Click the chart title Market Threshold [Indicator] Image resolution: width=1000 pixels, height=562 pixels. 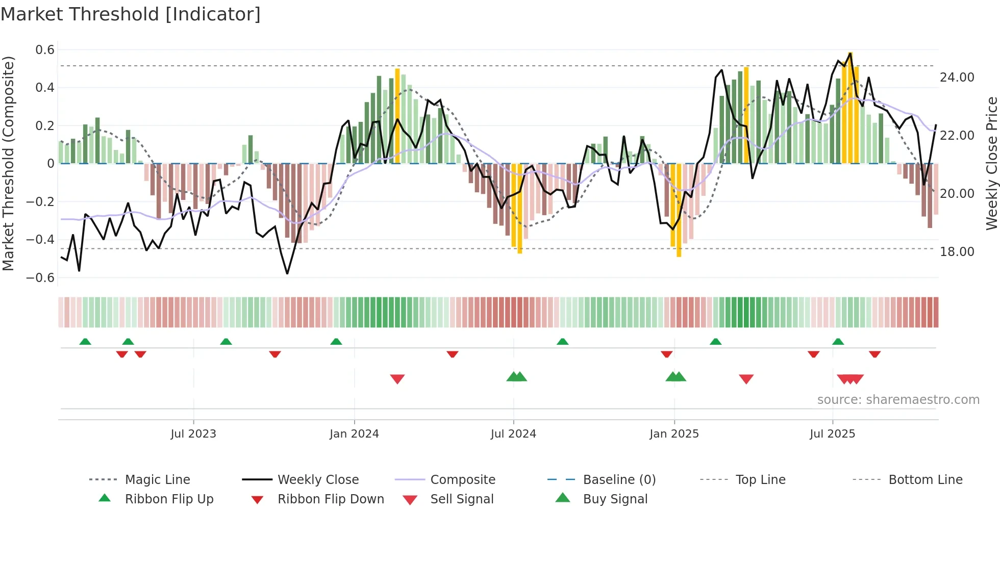131,14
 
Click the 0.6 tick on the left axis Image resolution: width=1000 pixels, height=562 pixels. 45,50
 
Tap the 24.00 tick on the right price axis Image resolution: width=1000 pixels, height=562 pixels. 957,78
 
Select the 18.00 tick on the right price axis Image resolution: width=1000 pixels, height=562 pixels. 957,252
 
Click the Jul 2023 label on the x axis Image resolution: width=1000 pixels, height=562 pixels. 193,434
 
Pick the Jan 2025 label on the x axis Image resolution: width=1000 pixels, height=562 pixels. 674,434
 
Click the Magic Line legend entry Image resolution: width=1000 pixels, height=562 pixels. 157,480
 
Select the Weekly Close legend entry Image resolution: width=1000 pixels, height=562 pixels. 318,480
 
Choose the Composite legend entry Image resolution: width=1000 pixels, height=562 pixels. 463,480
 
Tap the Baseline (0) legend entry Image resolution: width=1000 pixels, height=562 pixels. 619,480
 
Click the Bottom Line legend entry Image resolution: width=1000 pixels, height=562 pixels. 925,480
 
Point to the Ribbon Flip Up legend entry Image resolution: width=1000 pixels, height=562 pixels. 169,499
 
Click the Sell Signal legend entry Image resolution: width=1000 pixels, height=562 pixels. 462,499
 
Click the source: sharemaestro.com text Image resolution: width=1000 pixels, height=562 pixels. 898,400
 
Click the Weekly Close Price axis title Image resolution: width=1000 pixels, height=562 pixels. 991,163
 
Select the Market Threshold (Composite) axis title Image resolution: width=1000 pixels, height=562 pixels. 8,163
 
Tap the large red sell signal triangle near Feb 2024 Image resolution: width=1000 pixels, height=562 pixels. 397,379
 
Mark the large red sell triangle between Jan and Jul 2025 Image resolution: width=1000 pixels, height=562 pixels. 746,379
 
